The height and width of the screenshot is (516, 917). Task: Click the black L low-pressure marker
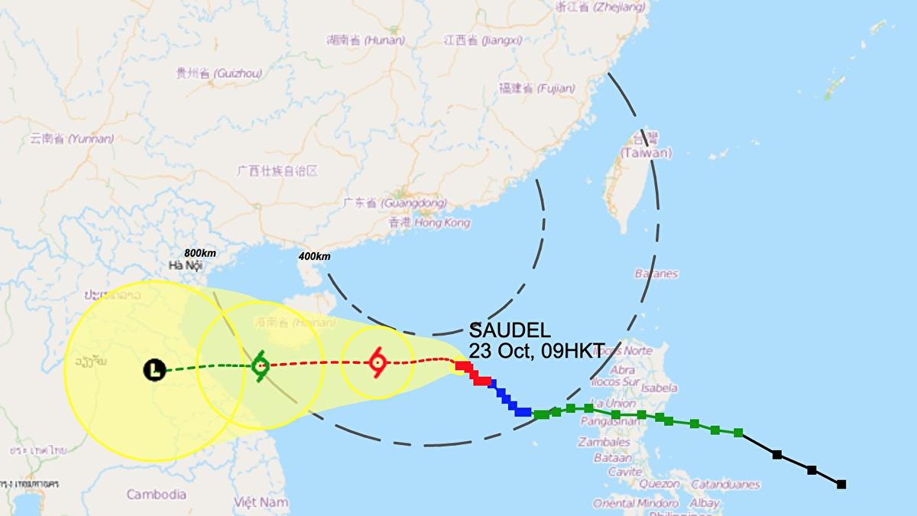154,371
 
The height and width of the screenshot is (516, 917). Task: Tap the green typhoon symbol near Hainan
260,365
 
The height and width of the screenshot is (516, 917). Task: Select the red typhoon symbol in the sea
377,362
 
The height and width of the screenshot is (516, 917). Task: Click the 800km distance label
199,253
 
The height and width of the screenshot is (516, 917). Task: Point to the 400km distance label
314,256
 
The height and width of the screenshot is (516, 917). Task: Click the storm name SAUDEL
510,331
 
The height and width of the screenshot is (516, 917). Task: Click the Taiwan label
646,153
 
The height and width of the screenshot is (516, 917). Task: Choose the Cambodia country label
156,494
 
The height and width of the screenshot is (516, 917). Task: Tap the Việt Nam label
261,502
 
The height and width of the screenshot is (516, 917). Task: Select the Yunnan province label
72,139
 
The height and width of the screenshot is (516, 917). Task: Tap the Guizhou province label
219,73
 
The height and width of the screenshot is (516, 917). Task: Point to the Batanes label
656,274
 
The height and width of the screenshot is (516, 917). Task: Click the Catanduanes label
725,484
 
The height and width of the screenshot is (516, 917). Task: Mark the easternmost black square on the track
841,484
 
